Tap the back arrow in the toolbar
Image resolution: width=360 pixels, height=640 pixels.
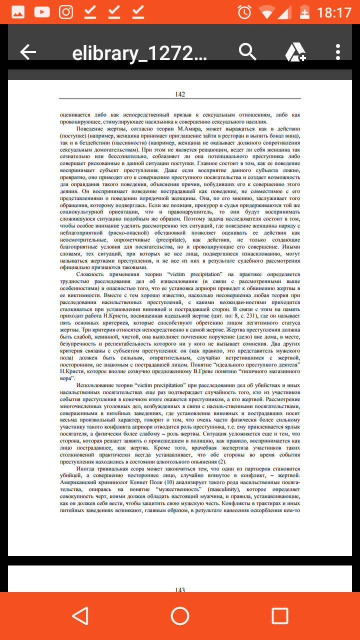28,51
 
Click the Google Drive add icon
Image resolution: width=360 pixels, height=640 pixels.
295,52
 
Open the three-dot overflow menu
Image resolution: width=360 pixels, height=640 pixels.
338,51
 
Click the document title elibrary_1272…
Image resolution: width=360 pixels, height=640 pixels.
139,53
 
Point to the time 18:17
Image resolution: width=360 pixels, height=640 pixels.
335,11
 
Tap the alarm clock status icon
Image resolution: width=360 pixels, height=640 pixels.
244,11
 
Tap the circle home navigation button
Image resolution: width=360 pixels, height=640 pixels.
180,615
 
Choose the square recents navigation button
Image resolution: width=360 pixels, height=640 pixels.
279,615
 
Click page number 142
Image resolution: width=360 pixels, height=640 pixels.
180,94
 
